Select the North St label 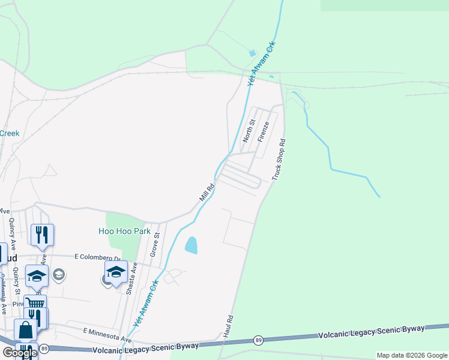click(249, 131)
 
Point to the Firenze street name click(263, 131)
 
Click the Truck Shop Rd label click(279, 160)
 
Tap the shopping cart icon click(35, 304)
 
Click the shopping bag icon click(26, 330)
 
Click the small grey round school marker click(58, 275)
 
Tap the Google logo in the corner click(20, 353)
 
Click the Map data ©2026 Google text click(412, 355)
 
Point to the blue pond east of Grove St click(191, 245)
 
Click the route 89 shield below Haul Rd click(258, 340)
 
